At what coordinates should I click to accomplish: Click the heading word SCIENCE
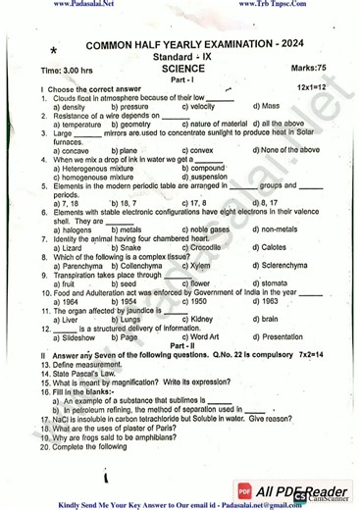(182, 70)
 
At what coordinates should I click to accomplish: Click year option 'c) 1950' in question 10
(199, 301)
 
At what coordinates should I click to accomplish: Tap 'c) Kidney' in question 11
(199, 319)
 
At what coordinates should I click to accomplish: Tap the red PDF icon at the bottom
(243, 490)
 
